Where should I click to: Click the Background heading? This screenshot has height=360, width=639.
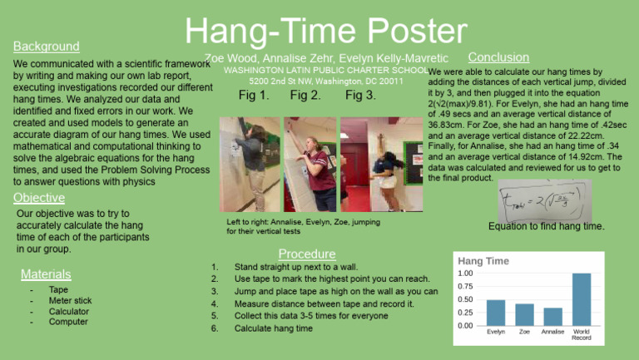(47, 47)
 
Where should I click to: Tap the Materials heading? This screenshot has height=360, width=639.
(47, 274)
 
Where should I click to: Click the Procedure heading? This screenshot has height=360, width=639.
(306, 254)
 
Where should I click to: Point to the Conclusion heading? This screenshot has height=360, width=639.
(498, 57)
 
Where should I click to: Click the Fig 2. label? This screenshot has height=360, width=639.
(305, 96)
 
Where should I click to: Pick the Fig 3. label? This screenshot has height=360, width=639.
(360, 96)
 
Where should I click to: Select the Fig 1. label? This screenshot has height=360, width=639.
(254, 96)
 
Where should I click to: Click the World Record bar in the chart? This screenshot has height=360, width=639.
(582, 298)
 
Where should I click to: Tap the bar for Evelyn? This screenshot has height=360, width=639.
(495, 312)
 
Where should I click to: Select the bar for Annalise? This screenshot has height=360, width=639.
(552, 316)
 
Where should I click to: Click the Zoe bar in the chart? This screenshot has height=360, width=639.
(524, 314)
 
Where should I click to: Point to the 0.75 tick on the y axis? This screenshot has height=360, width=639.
(466, 287)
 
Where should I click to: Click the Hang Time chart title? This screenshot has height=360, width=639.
(483, 261)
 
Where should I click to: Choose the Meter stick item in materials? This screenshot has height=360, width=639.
(71, 300)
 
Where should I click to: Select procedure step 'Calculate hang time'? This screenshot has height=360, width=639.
(274, 328)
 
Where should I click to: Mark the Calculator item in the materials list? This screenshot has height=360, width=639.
(69, 311)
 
